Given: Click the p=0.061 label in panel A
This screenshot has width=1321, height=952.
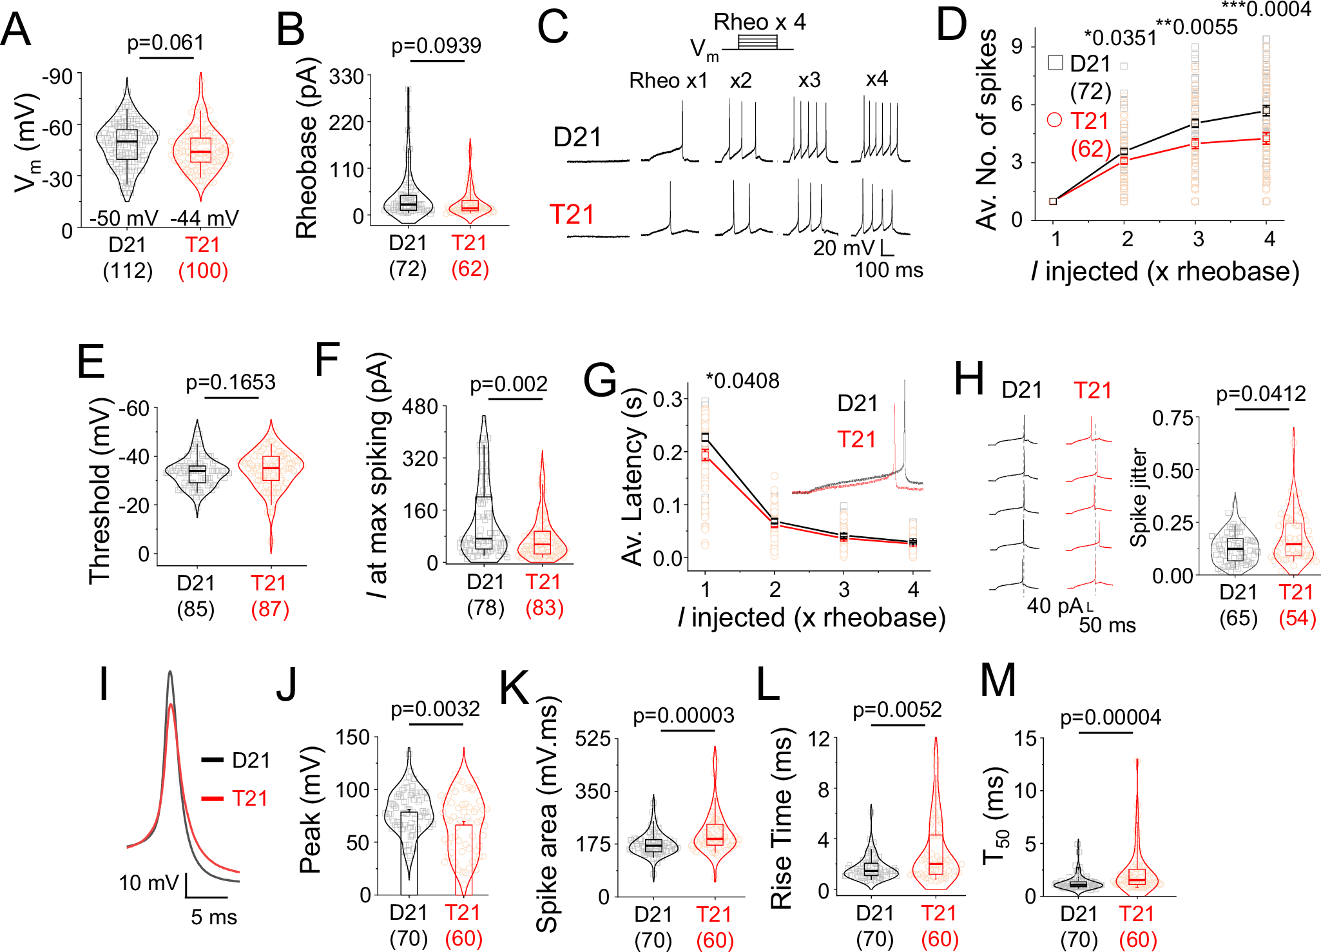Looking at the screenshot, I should (166, 43).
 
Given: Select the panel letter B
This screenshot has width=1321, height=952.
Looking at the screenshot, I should (290, 30).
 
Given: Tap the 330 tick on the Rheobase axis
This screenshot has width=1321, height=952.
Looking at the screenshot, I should (346, 77).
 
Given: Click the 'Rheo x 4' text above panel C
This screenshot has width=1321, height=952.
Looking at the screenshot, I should (759, 23).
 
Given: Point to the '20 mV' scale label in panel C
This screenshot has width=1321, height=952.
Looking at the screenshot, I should (843, 248).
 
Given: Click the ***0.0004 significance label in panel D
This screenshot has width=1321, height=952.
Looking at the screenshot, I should (1266, 10).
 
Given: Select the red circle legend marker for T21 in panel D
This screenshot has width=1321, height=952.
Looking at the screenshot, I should (1055, 120).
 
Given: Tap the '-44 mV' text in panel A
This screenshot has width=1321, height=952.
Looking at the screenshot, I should (204, 219).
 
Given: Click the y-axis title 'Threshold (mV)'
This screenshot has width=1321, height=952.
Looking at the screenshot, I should (100, 491).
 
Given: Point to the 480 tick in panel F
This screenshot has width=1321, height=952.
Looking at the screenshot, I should (419, 407).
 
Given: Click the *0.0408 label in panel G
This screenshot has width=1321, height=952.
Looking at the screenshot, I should (742, 381).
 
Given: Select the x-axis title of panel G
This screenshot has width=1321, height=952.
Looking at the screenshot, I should (811, 617).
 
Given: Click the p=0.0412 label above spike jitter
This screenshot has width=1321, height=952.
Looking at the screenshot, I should (1260, 394).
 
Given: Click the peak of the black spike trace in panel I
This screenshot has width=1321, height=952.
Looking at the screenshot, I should (170, 673).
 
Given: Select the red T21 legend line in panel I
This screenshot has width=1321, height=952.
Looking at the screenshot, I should (213, 799).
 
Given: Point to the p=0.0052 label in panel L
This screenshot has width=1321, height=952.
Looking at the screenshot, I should (897, 710).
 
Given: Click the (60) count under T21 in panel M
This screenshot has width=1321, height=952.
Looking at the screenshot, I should (1137, 940).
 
